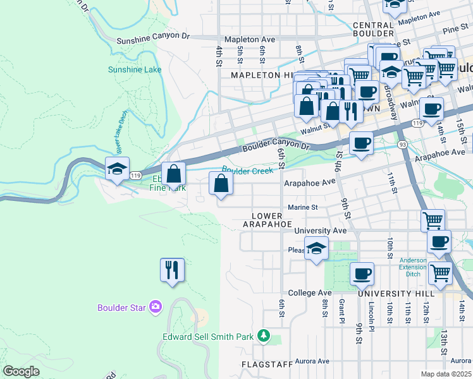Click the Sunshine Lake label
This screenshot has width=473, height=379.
point(135,69)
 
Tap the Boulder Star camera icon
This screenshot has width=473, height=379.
point(156,308)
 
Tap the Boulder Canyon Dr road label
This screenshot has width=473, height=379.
point(276,149)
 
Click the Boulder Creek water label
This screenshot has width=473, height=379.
point(247,170)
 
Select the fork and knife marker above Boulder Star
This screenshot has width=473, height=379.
point(172,270)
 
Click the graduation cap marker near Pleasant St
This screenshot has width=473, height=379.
point(317,248)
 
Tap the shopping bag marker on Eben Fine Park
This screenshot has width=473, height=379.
point(174,174)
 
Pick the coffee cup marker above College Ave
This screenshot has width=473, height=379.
point(362,274)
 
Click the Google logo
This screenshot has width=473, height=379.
point(21,371)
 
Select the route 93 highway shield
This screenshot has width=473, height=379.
point(402,145)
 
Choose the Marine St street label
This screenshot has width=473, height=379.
point(302,207)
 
